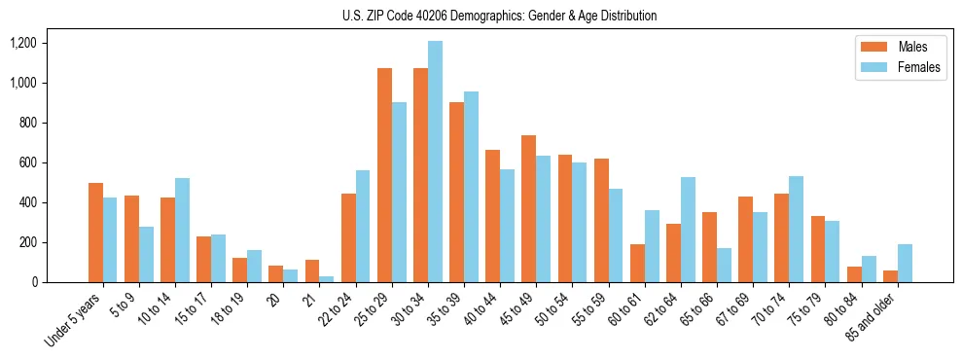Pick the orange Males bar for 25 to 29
[x=384, y=175]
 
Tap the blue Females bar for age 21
[x=327, y=279]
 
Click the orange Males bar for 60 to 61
[x=637, y=263]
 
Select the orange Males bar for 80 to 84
[x=854, y=274]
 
